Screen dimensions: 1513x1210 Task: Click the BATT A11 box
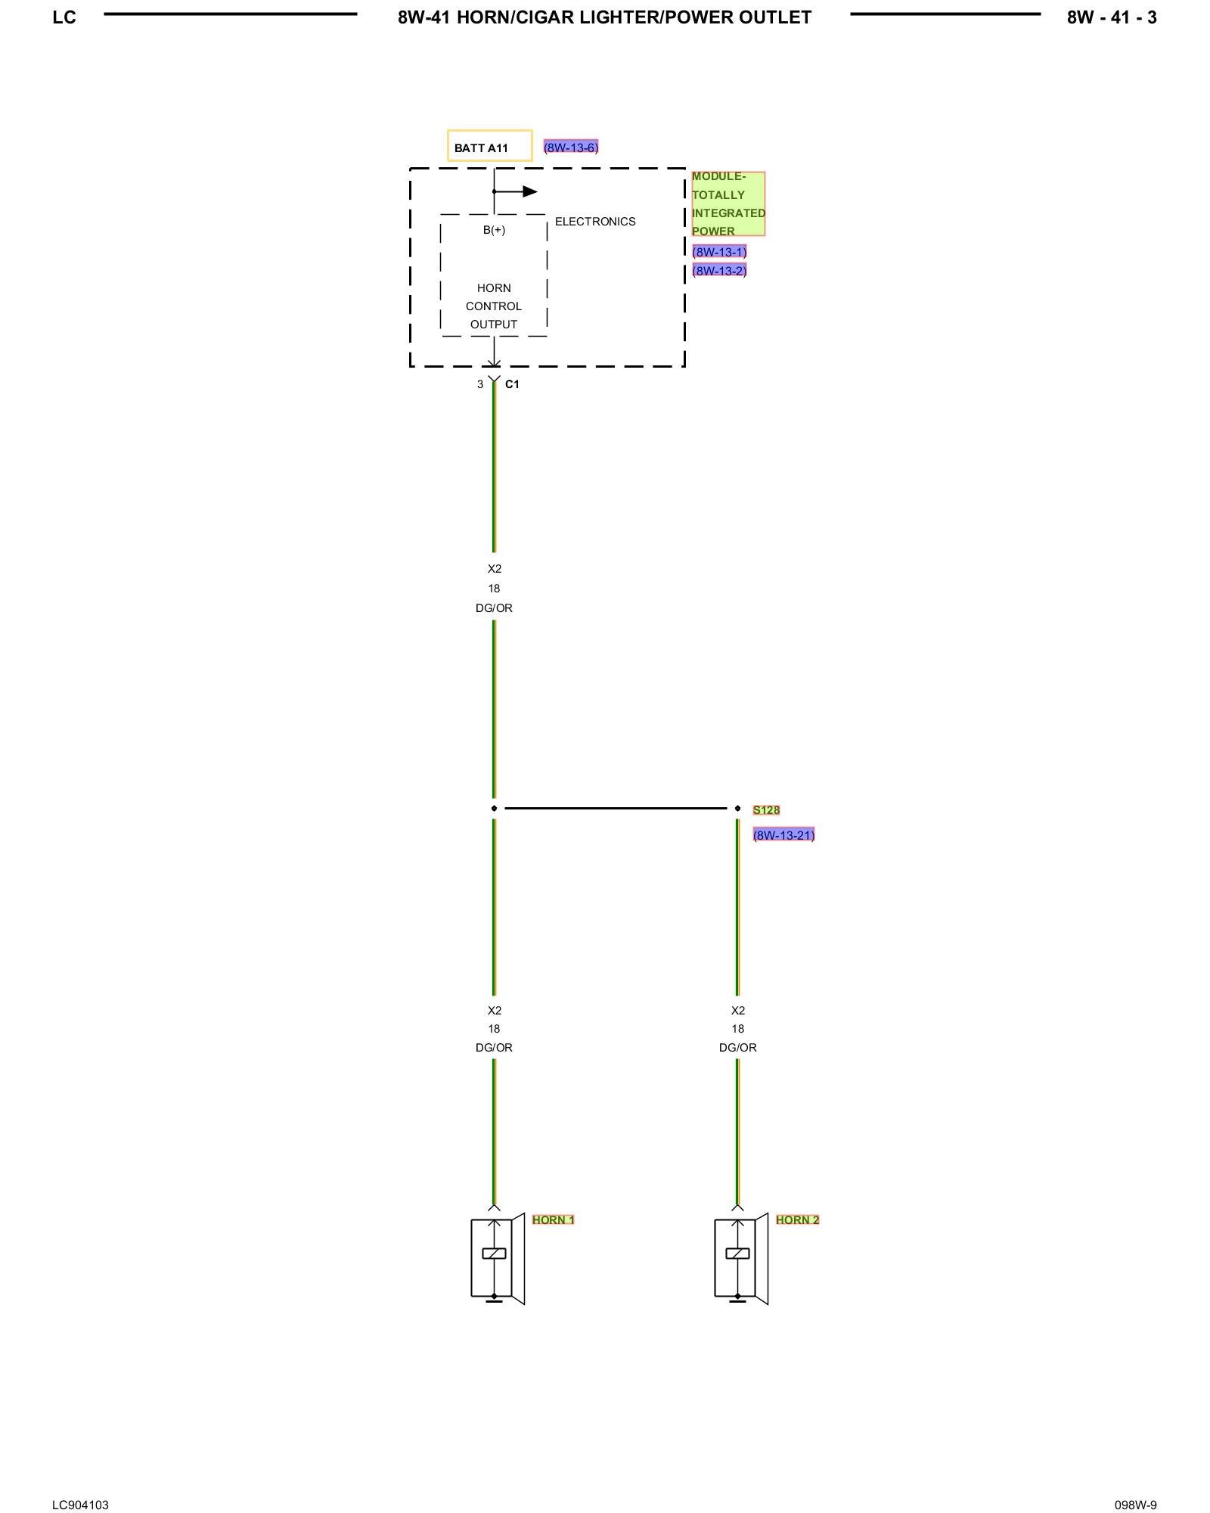pos(489,146)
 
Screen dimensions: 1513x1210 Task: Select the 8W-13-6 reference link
pos(571,148)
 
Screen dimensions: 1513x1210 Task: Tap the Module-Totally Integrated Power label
pos(728,203)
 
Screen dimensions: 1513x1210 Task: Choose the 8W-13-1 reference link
pos(719,252)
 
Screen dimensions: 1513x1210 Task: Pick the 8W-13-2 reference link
pos(719,271)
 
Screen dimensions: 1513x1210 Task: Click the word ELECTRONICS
pos(595,222)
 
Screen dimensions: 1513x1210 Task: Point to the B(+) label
pos(494,230)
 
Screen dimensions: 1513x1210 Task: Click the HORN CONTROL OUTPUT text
pos(494,306)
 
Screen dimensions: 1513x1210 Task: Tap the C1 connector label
pos(512,384)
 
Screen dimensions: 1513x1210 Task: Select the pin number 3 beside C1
pos(479,384)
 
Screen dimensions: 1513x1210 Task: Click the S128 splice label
pos(766,810)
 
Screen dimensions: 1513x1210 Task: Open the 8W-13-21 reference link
pos(783,835)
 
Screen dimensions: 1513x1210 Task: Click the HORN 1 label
pos(553,1219)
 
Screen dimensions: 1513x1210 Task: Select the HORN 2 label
pos(797,1219)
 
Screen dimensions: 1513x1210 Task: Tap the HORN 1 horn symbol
pos(497,1258)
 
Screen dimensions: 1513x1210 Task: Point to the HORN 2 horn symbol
pos(740,1258)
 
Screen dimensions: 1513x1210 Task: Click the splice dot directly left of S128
pos(737,809)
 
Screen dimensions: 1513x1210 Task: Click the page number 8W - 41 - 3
pos(1111,17)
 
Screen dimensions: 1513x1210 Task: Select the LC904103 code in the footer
pos(80,1505)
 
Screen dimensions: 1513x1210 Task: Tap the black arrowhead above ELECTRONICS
pos(529,191)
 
